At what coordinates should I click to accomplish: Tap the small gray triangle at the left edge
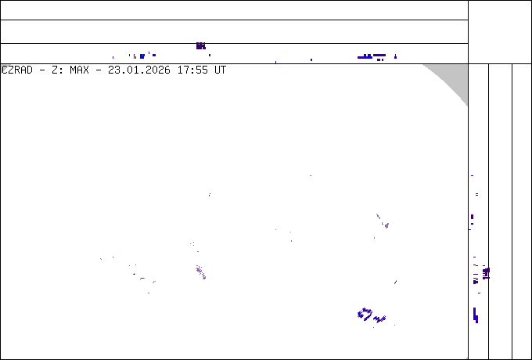click(x=4, y=67)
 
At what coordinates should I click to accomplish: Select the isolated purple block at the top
click(x=201, y=46)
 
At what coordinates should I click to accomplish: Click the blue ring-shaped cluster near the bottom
click(x=365, y=314)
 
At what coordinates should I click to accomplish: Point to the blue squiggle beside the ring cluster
click(x=380, y=319)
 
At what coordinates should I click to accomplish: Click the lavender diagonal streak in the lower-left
click(x=200, y=272)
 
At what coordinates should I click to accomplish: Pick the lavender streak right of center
click(x=383, y=221)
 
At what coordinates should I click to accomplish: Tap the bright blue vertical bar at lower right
click(x=476, y=316)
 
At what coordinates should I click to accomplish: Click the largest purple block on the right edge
click(x=486, y=272)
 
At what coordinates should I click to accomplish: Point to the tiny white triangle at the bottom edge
click(x=466, y=358)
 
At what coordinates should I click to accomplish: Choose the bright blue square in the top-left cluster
click(x=142, y=56)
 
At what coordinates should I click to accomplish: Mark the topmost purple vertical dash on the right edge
click(x=472, y=176)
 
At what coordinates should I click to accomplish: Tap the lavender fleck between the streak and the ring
click(x=395, y=282)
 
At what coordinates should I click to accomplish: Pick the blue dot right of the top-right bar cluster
click(x=395, y=56)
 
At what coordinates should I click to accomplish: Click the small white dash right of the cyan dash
click(x=154, y=281)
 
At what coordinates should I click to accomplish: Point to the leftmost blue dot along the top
click(x=113, y=57)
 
